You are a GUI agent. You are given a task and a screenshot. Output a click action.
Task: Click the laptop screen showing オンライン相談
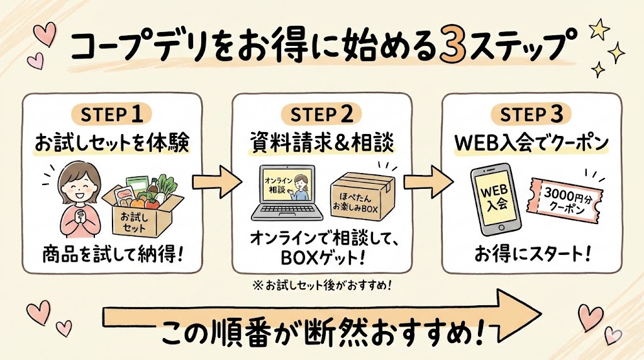click(x=287, y=189)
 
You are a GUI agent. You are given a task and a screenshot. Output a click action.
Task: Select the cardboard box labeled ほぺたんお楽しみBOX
click(x=362, y=194)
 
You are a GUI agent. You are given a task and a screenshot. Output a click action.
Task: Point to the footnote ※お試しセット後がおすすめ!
click(x=323, y=284)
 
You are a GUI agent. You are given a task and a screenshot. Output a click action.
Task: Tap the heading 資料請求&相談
click(x=323, y=143)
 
